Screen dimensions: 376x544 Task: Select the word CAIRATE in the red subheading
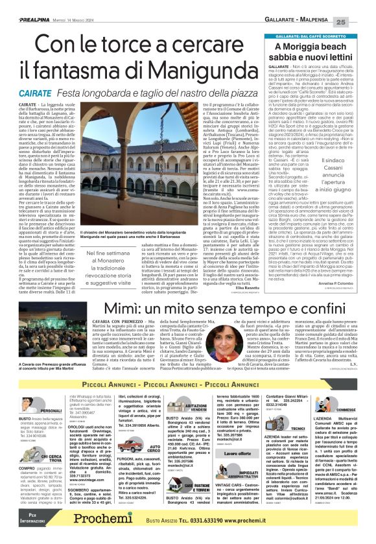pos(40,93)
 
